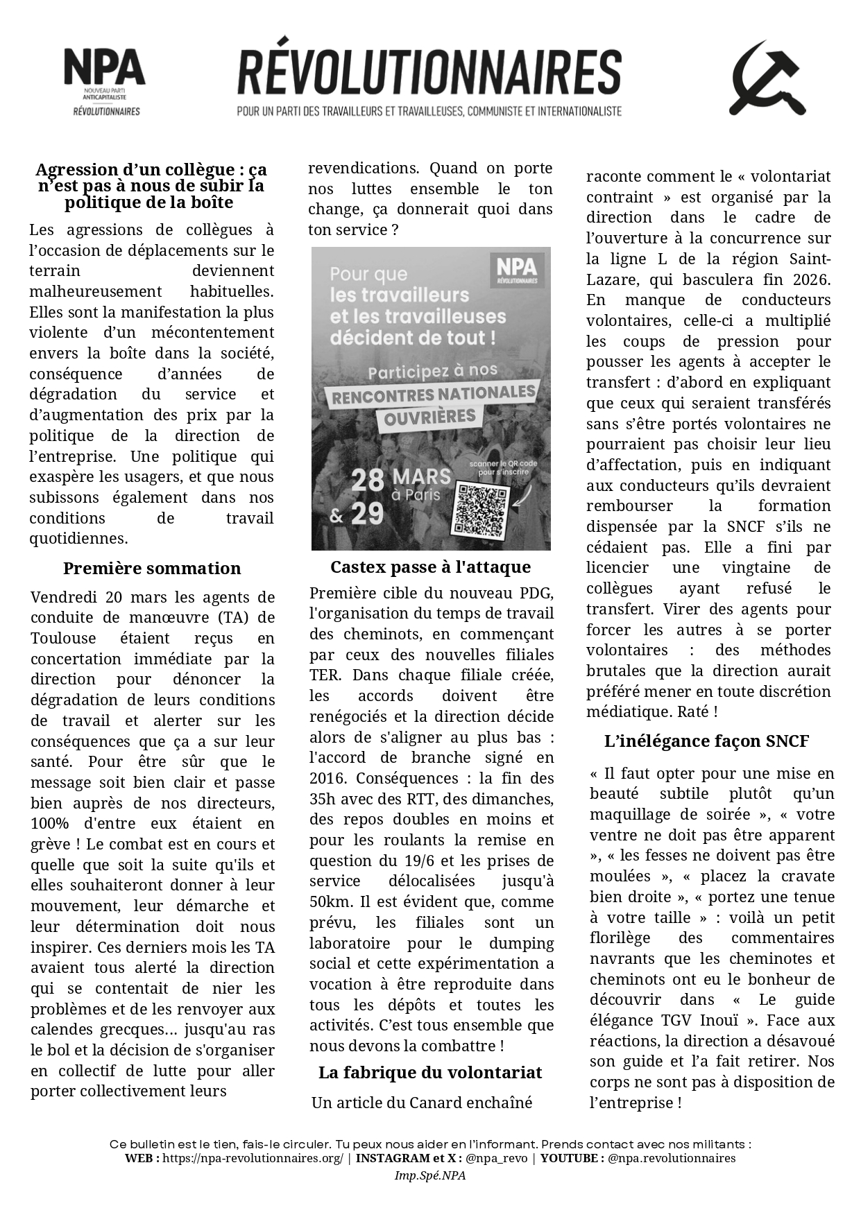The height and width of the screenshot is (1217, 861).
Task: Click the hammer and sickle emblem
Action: pos(767,78)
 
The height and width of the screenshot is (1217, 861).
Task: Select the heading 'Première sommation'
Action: pos(152,569)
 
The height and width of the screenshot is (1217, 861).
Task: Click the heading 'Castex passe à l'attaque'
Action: pos(430,567)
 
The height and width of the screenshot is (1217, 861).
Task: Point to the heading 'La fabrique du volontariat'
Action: pos(430,1073)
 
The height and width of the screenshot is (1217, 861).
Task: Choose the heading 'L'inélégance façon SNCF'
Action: pos(706,741)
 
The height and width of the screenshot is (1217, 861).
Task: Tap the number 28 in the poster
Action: pos(366,480)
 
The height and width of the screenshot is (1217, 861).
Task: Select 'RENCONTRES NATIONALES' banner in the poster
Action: pos(434,395)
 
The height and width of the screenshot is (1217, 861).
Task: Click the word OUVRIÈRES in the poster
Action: pos(429,418)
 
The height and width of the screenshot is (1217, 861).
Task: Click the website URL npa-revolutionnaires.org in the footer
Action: pos(253,1158)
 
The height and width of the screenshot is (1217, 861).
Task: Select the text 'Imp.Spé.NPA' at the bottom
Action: pos(430,1175)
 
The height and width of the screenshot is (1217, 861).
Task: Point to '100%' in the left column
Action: pos(49,824)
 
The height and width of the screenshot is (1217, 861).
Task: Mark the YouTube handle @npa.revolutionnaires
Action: pos(672,1158)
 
